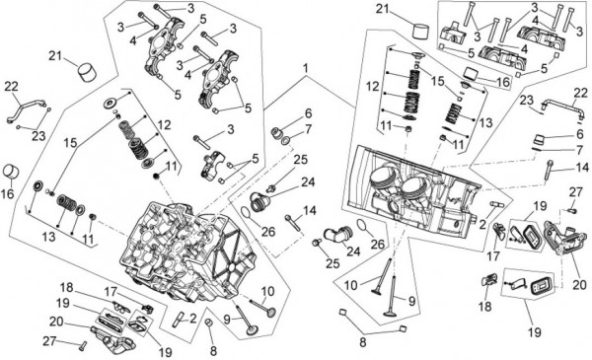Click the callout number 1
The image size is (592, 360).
306,68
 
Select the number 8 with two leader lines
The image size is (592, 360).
362,342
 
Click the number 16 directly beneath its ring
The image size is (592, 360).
7,194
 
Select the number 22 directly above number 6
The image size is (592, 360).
580,93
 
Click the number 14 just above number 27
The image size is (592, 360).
582,167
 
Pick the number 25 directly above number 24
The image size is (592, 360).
301,160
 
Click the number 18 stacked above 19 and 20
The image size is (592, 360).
66,287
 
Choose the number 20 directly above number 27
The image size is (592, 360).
56,322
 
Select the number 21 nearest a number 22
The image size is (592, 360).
55,56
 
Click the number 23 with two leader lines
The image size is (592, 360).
38,136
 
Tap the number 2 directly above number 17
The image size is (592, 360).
482,225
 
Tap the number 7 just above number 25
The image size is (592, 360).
309,129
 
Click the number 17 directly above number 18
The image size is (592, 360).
492,256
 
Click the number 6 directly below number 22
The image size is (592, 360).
580,134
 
